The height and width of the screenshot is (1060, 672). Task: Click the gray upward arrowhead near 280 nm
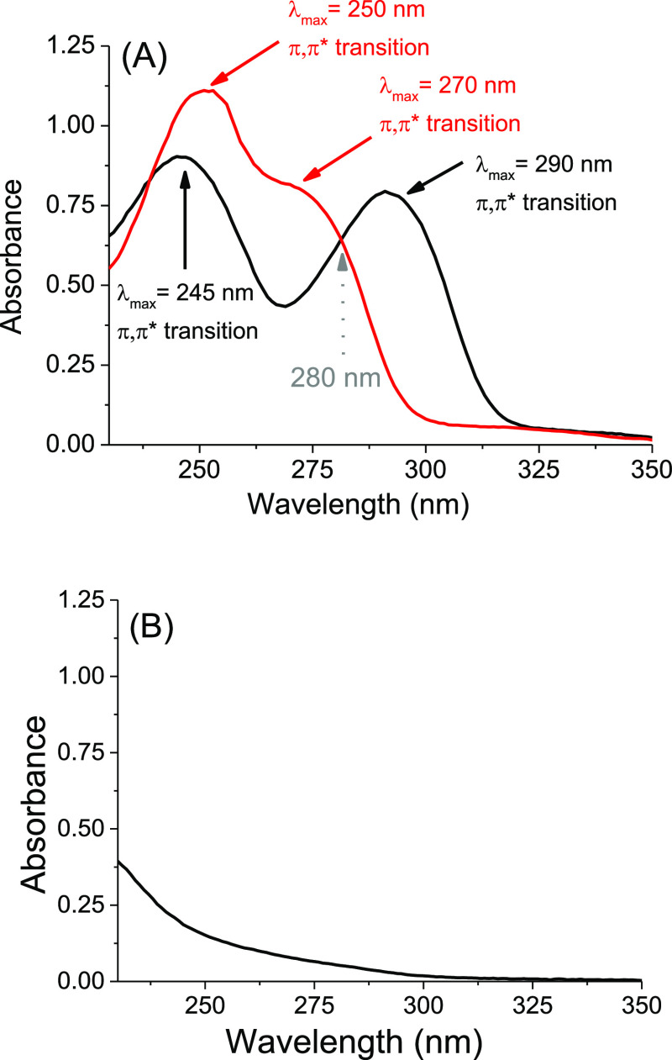point(342,261)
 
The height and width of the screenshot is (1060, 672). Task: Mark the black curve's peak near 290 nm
point(386,192)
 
